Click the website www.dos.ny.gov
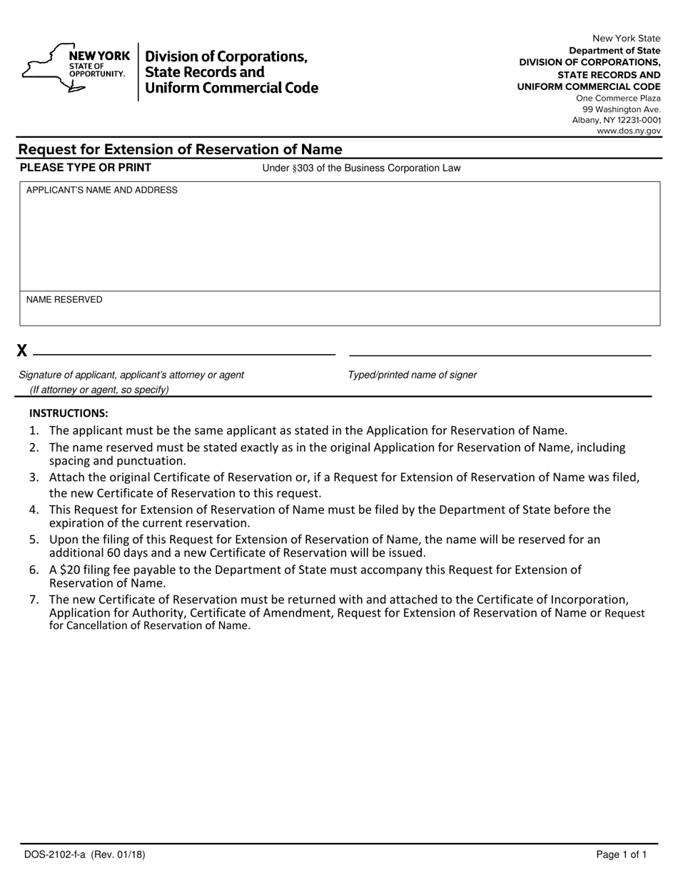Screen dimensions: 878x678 click(x=629, y=131)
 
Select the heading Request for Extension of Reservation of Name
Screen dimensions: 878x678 click(x=180, y=149)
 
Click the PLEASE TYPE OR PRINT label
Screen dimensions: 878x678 click(x=86, y=168)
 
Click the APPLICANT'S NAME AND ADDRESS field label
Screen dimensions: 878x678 click(x=102, y=191)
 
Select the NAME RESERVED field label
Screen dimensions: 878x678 click(x=64, y=300)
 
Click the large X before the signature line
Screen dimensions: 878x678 click(x=22, y=350)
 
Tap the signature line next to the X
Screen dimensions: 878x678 click(x=184, y=354)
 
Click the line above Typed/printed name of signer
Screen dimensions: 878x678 click(x=500, y=355)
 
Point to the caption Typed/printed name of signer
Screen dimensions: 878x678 click(x=413, y=375)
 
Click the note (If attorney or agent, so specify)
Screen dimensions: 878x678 click(x=99, y=390)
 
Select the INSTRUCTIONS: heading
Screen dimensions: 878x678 click(x=69, y=413)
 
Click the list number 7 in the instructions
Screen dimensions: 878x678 click(x=34, y=600)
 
